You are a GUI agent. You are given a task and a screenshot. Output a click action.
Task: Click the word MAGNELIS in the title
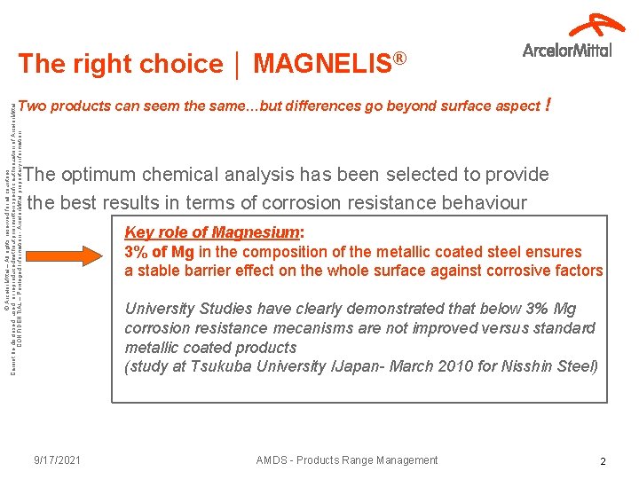tap(322, 64)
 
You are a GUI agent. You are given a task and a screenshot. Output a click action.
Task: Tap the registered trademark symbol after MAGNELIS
tap(400, 58)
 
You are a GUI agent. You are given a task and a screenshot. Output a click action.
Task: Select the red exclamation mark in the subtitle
tap(551, 105)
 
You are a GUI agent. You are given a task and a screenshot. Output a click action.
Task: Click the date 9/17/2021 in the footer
tap(58, 459)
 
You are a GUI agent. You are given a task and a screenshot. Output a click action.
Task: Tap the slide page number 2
tap(603, 461)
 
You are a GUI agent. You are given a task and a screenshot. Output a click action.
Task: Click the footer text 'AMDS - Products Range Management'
tap(347, 459)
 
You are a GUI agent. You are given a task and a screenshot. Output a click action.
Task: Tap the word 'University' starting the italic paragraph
tap(161, 309)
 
